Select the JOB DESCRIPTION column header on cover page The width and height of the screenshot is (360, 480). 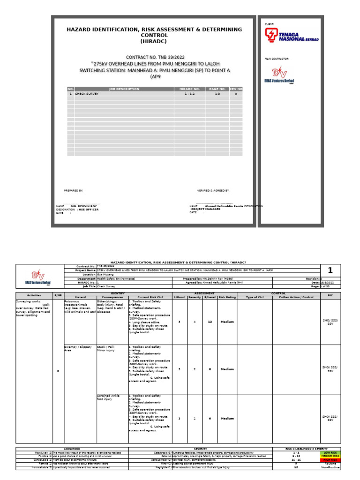[x=124, y=89]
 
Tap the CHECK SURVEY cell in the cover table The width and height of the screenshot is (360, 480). [x=87, y=94]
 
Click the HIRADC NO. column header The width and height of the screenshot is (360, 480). [x=189, y=89]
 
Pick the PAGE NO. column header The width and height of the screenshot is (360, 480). [x=217, y=89]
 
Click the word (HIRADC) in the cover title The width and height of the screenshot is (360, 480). [x=154, y=41]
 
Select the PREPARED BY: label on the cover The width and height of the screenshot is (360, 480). [x=74, y=191]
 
